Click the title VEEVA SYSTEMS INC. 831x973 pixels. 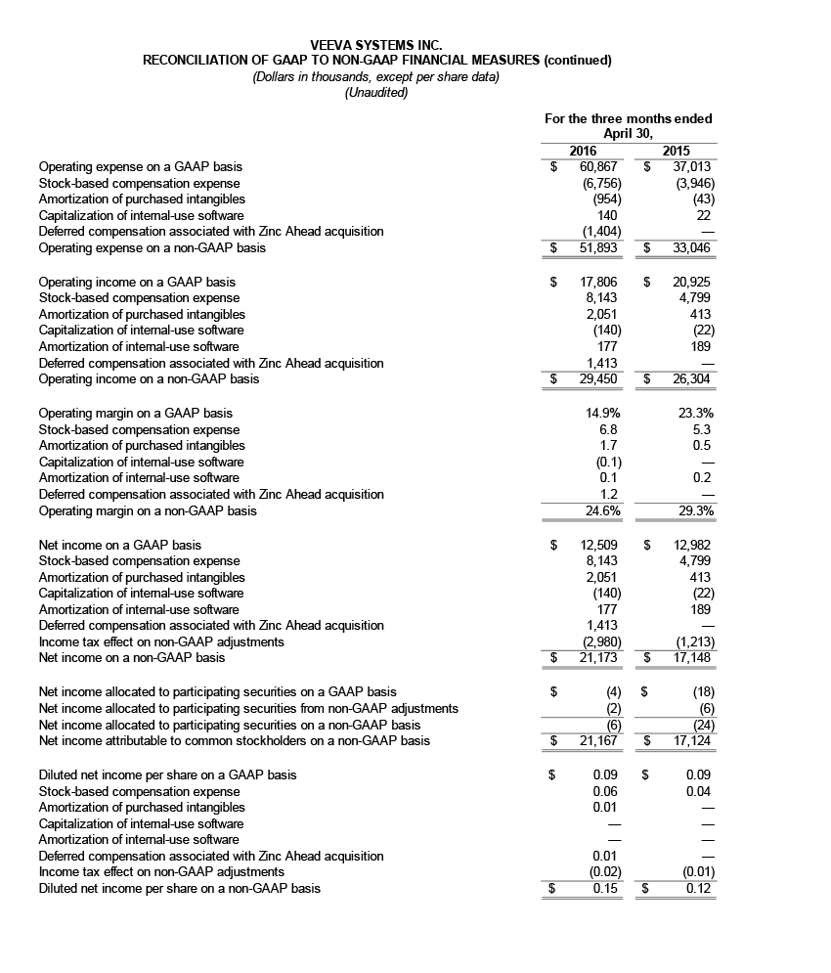click(x=376, y=45)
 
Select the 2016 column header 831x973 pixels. click(x=583, y=151)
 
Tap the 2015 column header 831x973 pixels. click(x=676, y=151)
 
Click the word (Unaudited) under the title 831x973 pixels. click(x=376, y=93)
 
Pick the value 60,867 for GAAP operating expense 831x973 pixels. click(x=592, y=167)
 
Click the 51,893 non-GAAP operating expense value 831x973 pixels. click(x=592, y=248)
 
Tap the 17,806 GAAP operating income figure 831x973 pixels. click(x=592, y=283)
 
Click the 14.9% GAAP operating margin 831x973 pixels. click(x=599, y=414)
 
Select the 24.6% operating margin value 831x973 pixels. click(x=599, y=510)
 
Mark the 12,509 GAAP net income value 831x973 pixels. click(x=592, y=545)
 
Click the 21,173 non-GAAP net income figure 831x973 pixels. click(x=592, y=657)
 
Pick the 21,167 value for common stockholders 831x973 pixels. click(x=592, y=740)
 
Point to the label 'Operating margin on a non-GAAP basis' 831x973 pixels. click(x=148, y=510)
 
